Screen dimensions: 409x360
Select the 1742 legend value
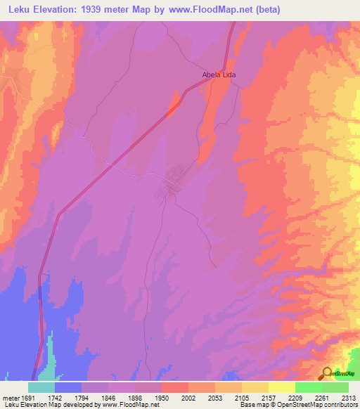tap(55, 398)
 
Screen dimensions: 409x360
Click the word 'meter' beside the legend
tap(9, 398)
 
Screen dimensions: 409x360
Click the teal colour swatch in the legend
tap(41, 387)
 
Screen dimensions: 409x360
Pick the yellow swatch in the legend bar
tap(281, 387)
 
